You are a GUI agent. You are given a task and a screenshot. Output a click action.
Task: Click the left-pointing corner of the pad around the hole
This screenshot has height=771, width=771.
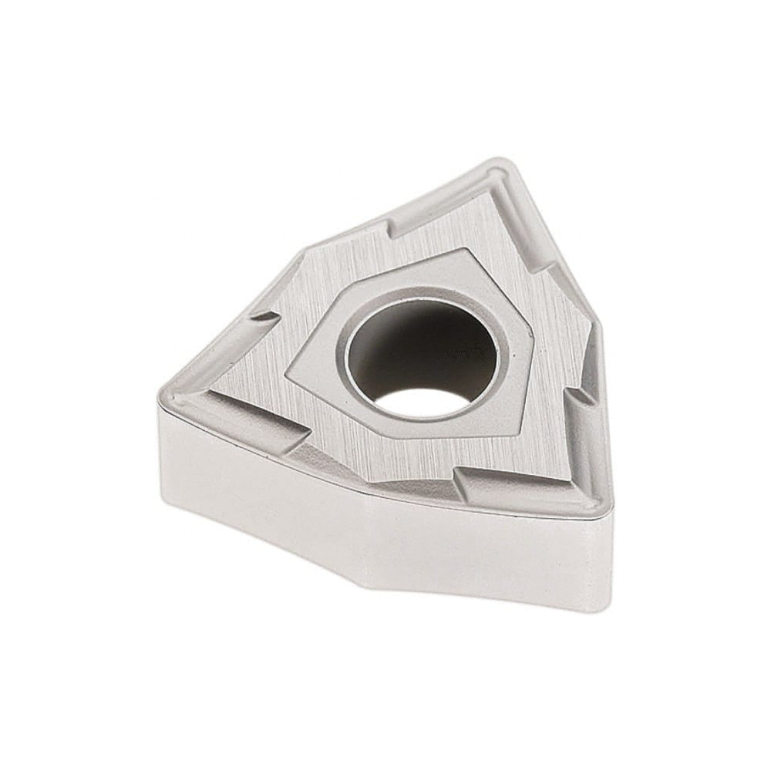click(287, 375)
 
